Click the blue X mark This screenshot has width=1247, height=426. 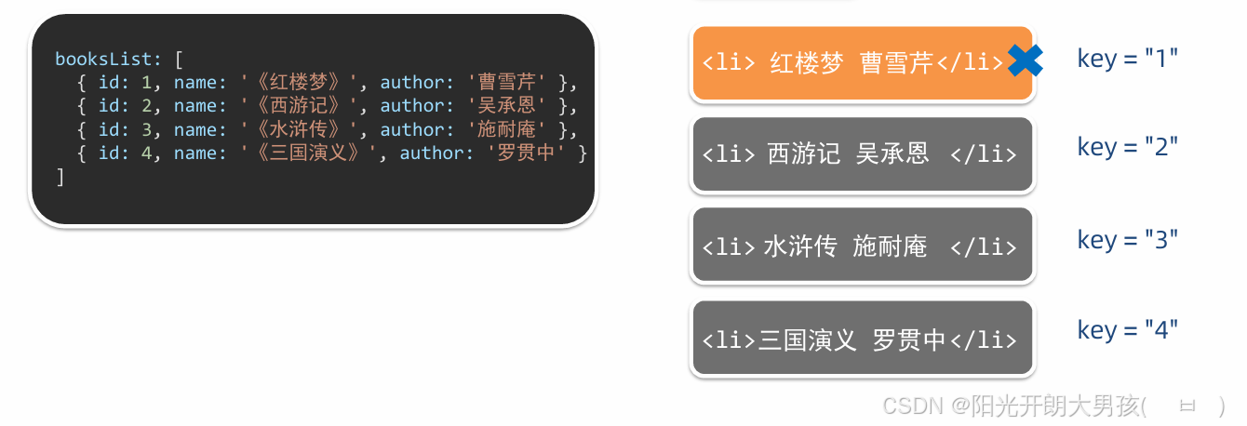(x=1025, y=60)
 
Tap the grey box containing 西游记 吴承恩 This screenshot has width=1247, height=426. (x=862, y=154)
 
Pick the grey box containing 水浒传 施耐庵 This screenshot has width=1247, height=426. (x=862, y=246)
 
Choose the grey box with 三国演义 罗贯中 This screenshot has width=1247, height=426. (x=862, y=339)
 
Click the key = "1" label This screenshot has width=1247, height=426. (x=1128, y=58)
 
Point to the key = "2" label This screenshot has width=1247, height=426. (x=1128, y=147)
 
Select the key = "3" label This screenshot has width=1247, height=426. (x=1128, y=239)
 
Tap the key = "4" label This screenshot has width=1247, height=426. (x=1128, y=330)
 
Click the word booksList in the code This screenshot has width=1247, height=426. (x=101, y=58)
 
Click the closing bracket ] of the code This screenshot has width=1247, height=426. (x=60, y=177)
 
